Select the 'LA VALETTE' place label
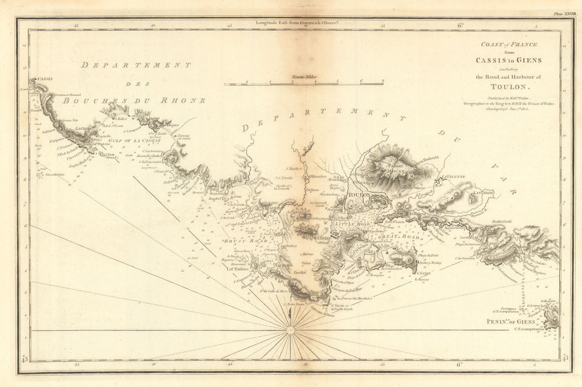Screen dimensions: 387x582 454,177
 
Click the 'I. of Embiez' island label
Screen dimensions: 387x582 237,269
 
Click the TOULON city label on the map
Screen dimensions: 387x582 359,196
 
